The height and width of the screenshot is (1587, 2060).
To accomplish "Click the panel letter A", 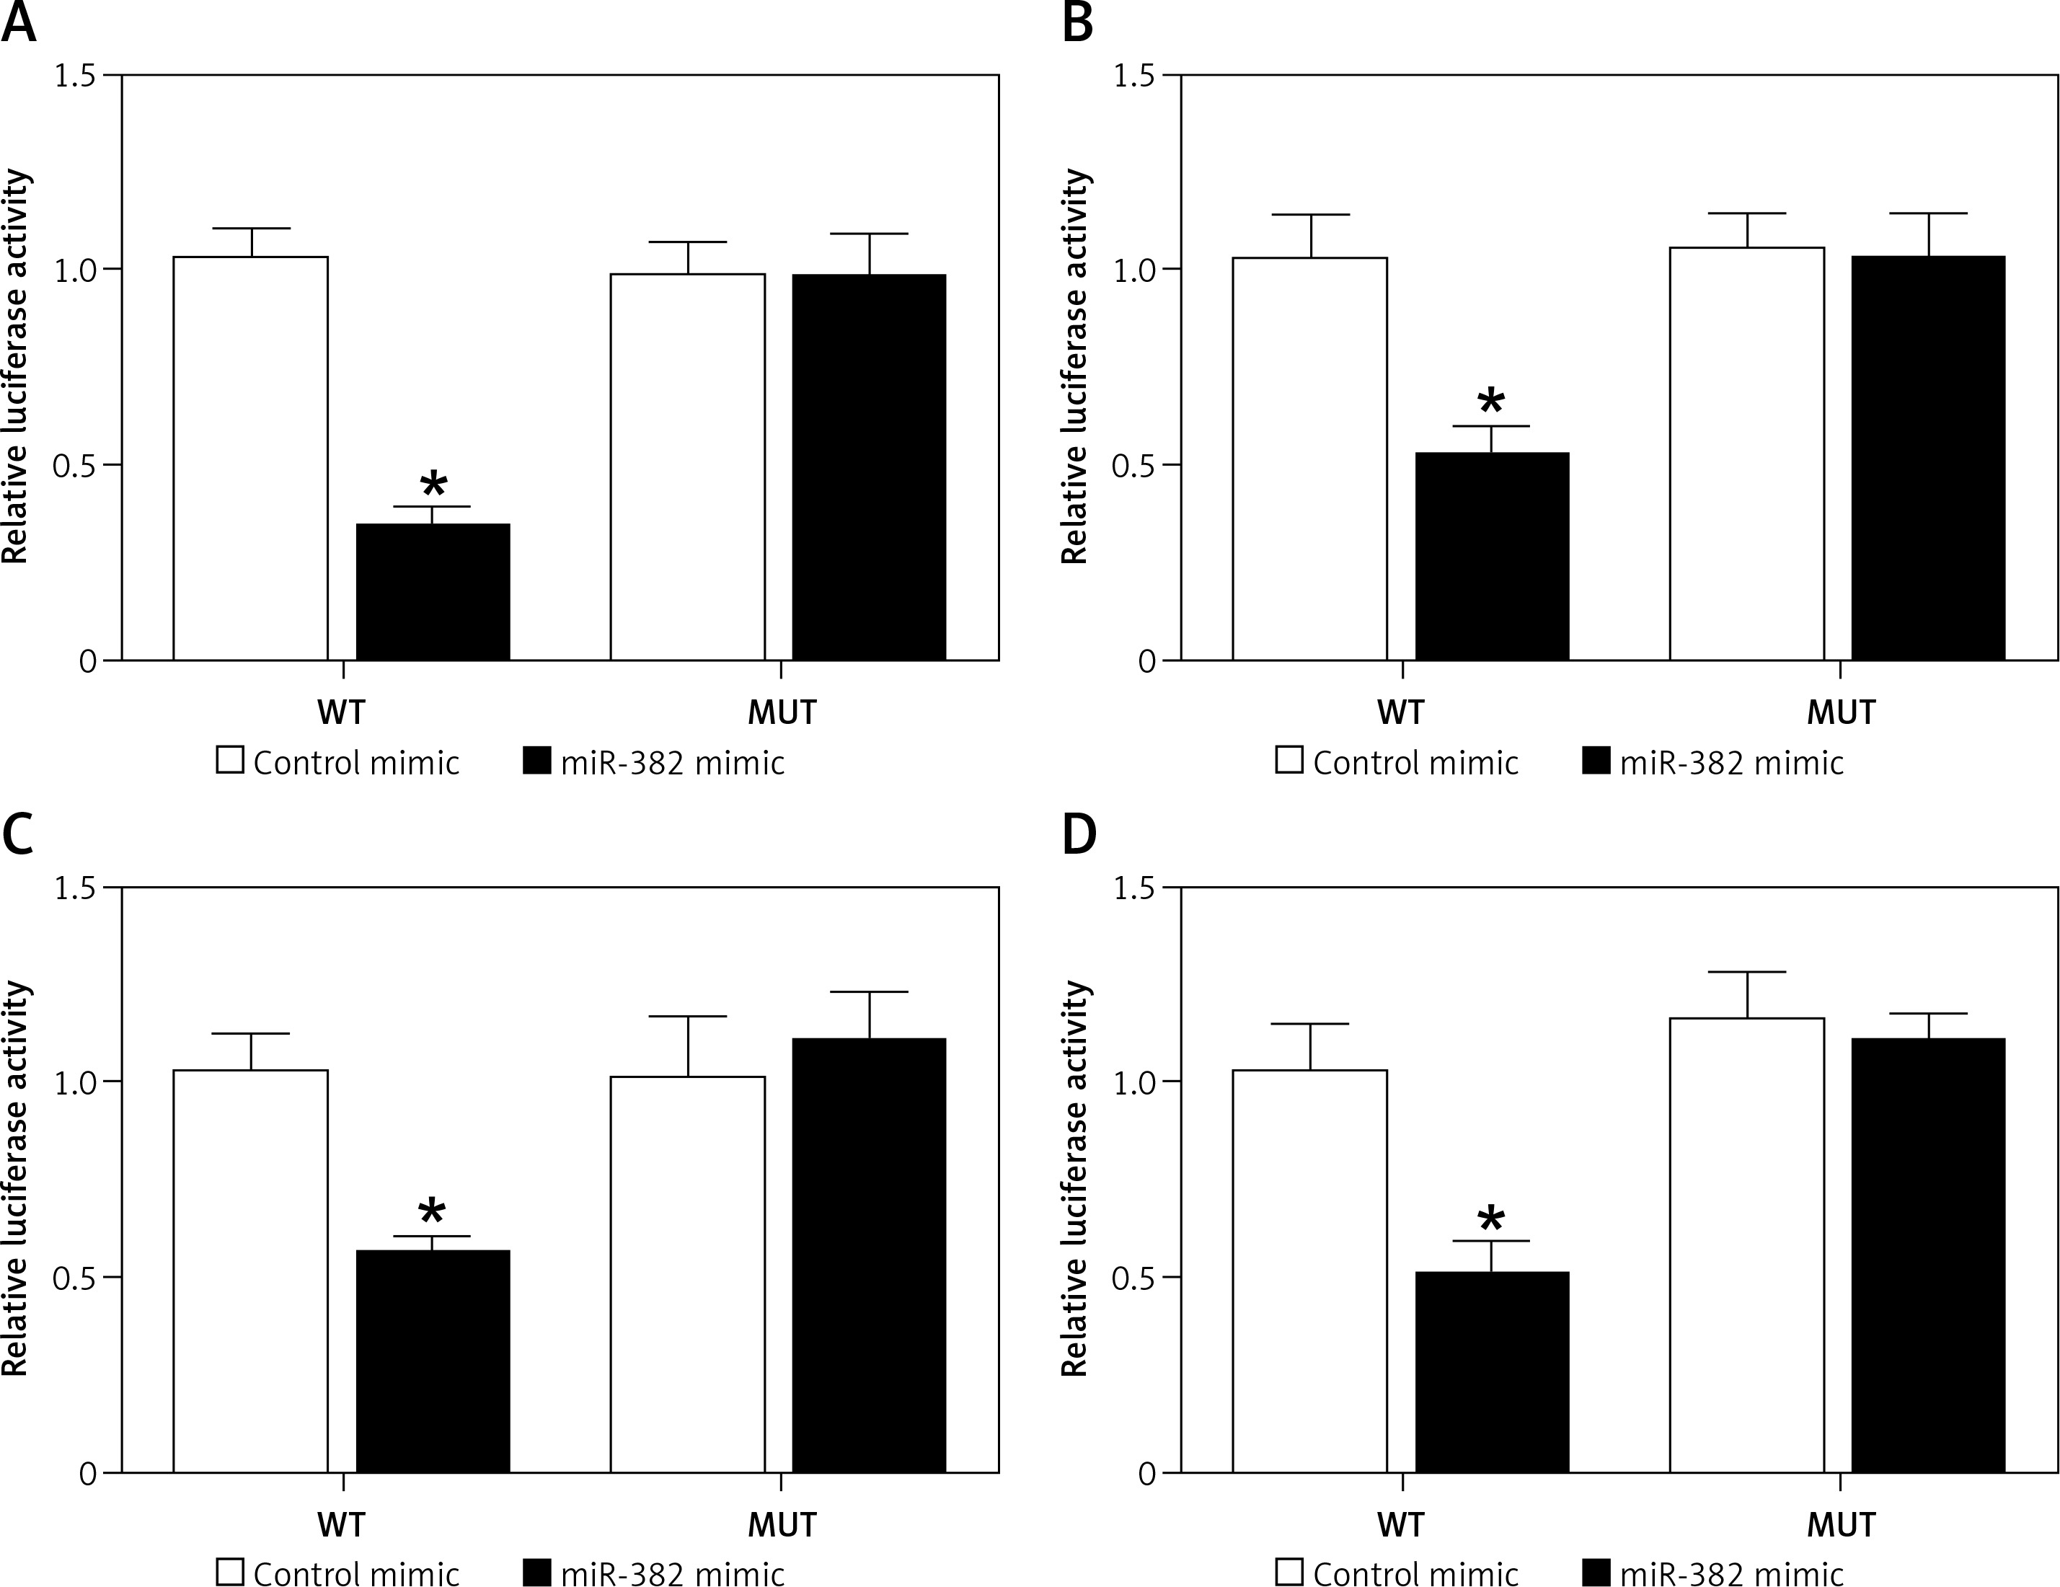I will [x=19, y=22].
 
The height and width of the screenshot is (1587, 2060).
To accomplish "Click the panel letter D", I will [x=1079, y=836].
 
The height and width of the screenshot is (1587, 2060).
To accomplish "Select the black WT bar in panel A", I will [x=433, y=591].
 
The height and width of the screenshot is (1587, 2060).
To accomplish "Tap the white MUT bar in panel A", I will [x=688, y=467].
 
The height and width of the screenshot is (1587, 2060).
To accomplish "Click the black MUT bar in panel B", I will [x=1928, y=457].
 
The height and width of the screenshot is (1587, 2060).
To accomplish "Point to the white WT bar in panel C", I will [x=251, y=1270].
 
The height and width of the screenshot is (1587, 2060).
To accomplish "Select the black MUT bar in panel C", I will [x=869, y=1255].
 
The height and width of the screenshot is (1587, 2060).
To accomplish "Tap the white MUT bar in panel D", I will [x=1747, y=1245].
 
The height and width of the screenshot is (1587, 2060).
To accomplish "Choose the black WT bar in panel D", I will [x=1492, y=1372].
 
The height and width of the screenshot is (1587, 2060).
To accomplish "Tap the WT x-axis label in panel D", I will [x=1401, y=1525].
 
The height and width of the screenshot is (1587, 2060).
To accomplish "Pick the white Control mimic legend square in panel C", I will [x=230, y=1573].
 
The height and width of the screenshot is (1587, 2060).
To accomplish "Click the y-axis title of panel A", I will [x=16, y=368].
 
